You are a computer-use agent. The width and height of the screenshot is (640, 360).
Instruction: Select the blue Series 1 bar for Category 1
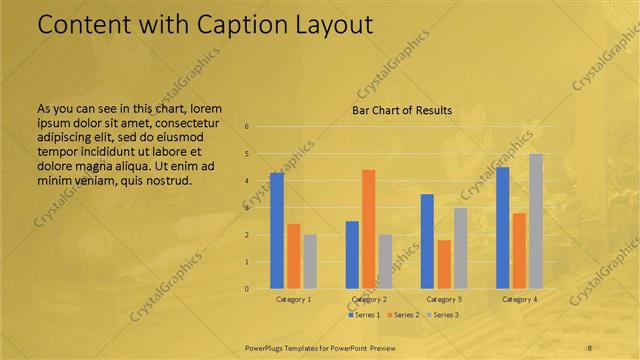tap(276, 230)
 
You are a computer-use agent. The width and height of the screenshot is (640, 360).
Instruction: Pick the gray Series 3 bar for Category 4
tap(536, 221)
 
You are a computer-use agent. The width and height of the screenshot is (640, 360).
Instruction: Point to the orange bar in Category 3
tap(444, 264)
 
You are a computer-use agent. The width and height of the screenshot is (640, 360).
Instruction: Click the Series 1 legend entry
tap(363, 315)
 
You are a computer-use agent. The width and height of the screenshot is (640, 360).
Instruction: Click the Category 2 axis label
tap(369, 299)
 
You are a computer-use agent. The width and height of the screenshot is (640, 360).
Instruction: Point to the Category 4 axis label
tap(519, 299)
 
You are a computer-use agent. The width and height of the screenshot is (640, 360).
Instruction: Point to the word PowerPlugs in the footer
tap(264, 346)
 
